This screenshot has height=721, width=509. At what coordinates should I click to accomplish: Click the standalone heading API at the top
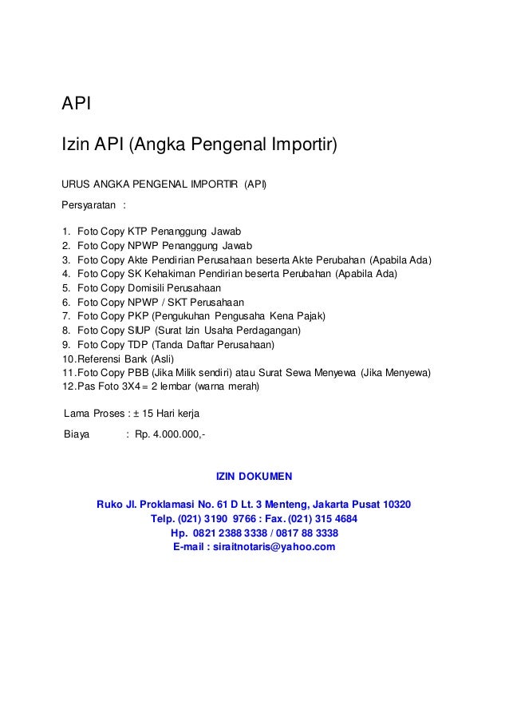click(x=78, y=104)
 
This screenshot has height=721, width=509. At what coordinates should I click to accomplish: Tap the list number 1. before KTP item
click(x=66, y=232)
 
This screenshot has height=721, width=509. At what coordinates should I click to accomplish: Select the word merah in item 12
click(x=252, y=388)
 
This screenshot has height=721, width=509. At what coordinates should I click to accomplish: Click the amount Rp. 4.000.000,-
click(x=171, y=436)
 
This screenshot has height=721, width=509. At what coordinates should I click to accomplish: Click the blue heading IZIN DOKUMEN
click(x=254, y=477)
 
